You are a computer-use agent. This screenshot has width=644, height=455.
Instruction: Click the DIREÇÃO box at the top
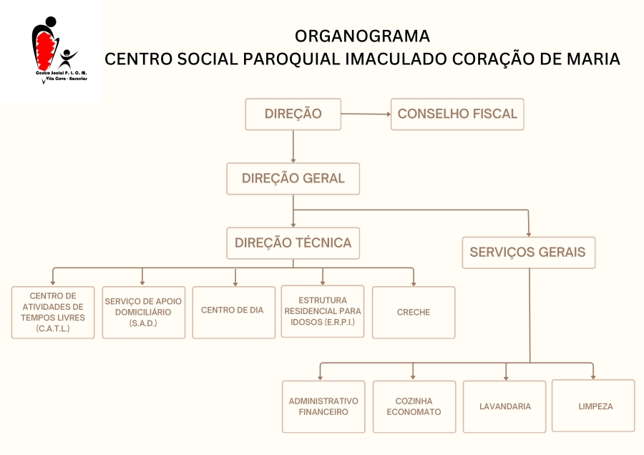click(293, 114)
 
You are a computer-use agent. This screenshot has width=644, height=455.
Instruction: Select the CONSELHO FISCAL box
click(457, 114)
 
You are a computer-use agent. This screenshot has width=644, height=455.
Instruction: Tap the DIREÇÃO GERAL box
click(293, 179)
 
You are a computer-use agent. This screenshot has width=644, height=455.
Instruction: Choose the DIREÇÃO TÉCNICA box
click(293, 243)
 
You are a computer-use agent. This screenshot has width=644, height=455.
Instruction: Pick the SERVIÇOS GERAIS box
click(528, 253)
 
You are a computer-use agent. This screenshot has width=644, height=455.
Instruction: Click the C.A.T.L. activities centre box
click(53, 313)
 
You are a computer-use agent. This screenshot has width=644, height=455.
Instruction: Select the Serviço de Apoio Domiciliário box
click(143, 313)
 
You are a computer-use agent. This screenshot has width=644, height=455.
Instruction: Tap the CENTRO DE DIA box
click(234, 313)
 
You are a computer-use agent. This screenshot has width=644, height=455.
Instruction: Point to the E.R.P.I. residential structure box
click(323, 312)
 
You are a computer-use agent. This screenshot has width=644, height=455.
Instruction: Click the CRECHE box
click(414, 313)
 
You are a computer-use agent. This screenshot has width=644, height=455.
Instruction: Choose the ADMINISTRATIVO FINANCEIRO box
click(323, 406)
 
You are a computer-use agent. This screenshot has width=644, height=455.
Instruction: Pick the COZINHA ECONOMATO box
click(414, 406)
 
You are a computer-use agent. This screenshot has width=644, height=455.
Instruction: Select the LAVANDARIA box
click(504, 406)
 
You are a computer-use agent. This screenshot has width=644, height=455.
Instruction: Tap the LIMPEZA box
click(593, 406)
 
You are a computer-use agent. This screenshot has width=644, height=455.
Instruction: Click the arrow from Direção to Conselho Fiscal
click(366, 114)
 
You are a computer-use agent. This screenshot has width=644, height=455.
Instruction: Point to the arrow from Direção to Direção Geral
click(293, 147)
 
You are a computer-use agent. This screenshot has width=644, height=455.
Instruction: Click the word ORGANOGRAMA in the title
click(362, 36)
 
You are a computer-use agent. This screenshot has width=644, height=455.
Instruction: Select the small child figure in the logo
click(67, 59)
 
